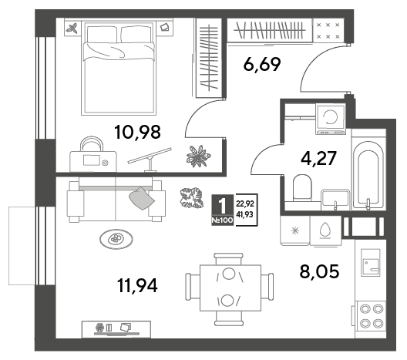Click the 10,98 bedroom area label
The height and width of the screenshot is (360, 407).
[x=137, y=132]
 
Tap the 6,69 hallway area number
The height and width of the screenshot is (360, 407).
[x=262, y=65]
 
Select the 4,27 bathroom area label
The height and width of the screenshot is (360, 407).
[x=319, y=158]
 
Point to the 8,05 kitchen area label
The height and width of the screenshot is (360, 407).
[x=319, y=271]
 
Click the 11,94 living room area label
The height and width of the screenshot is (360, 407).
[x=137, y=285]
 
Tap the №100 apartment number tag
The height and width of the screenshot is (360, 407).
[x=222, y=220]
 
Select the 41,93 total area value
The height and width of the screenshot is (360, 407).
[x=245, y=214]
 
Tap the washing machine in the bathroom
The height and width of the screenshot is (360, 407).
[x=331, y=119]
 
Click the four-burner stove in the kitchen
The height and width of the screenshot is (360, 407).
[x=371, y=316]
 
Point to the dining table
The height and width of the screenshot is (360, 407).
[x=230, y=288]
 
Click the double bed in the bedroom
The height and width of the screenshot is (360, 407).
[x=119, y=69]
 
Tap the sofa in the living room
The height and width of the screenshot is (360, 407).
[x=116, y=200]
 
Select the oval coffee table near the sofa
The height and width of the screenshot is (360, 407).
[x=116, y=239]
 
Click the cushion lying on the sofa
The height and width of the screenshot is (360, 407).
[x=142, y=198]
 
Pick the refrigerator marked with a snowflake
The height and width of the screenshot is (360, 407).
[x=295, y=230]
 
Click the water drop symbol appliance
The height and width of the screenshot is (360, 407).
[x=325, y=230]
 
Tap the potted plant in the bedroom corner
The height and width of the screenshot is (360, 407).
[x=198, y=156]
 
